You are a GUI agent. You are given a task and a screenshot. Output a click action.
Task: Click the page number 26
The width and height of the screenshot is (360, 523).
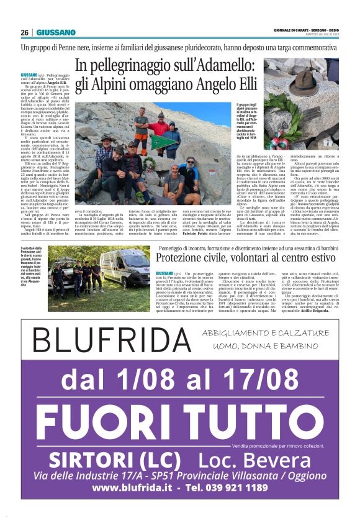click(x=24, y=33)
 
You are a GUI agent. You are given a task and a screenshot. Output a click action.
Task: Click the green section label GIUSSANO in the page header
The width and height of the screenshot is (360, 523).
click(x=55, y=33)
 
